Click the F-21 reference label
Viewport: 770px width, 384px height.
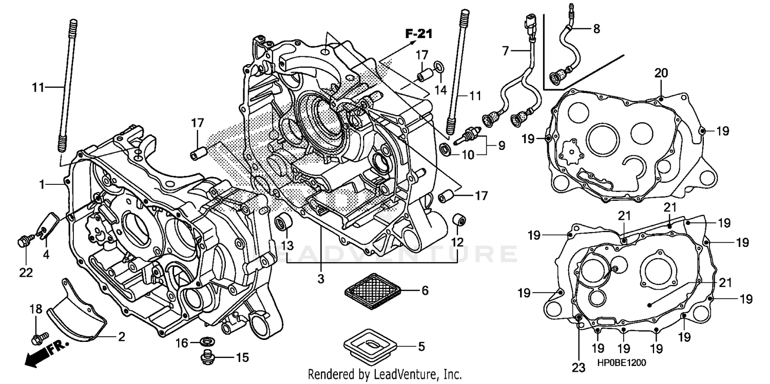(x=418, y=34)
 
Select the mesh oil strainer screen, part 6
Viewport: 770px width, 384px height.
(x=372, y=291)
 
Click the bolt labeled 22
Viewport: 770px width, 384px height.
(x=25, y=240)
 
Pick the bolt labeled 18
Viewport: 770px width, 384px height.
(x=36, y=338)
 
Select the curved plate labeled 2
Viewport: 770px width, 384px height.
(x=77, y=313)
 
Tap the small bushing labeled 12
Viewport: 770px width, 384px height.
(x=458, y=220)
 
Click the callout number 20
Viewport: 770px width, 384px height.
(x=661, y=73)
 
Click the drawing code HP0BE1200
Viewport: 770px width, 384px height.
(x=621, y=362)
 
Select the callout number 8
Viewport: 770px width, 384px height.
(x=596, y=29)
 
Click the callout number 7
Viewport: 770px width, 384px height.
(x=505, y=51)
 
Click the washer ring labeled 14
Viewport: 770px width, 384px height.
(x=440, y=67)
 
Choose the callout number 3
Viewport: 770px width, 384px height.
(x=320, y=280)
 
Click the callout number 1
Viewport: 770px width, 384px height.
(x=44, y=183)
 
